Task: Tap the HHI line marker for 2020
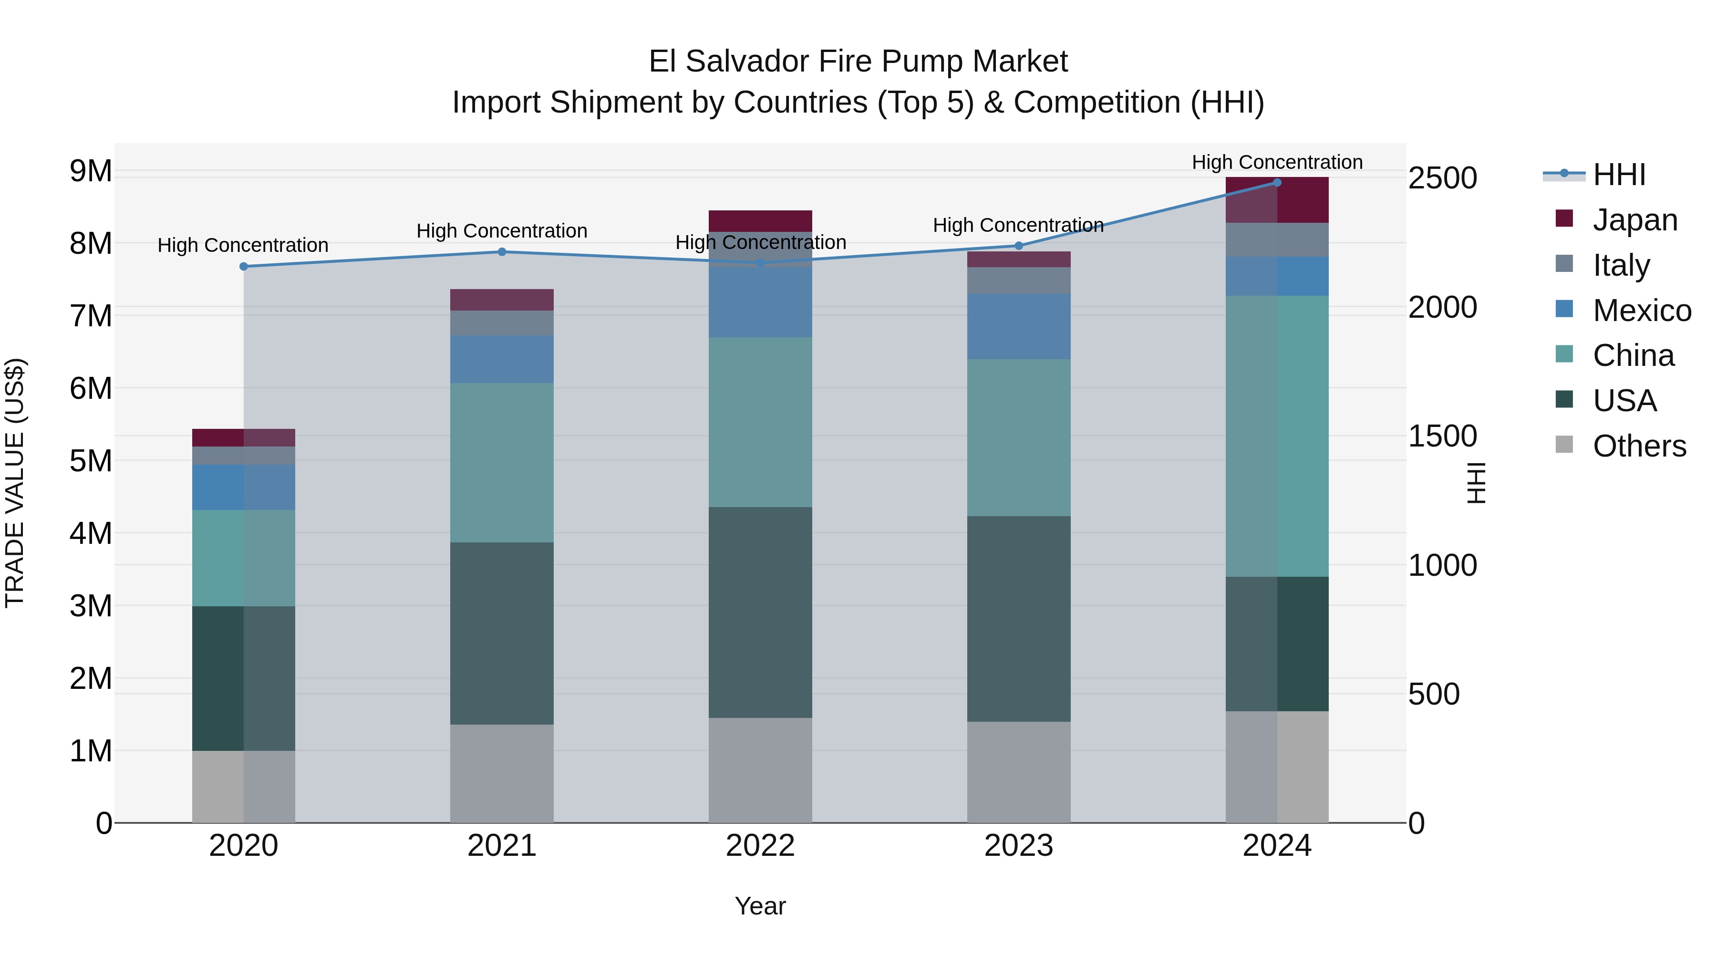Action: point(243,266)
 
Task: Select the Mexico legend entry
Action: point(1641,310)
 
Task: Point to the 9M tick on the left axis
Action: point(91,171)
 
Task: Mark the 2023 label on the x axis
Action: point(1018,845)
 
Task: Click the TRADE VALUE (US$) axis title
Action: point(15,483)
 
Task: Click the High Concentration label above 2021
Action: point(501,231)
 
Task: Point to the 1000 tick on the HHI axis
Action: point(1442,565)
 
